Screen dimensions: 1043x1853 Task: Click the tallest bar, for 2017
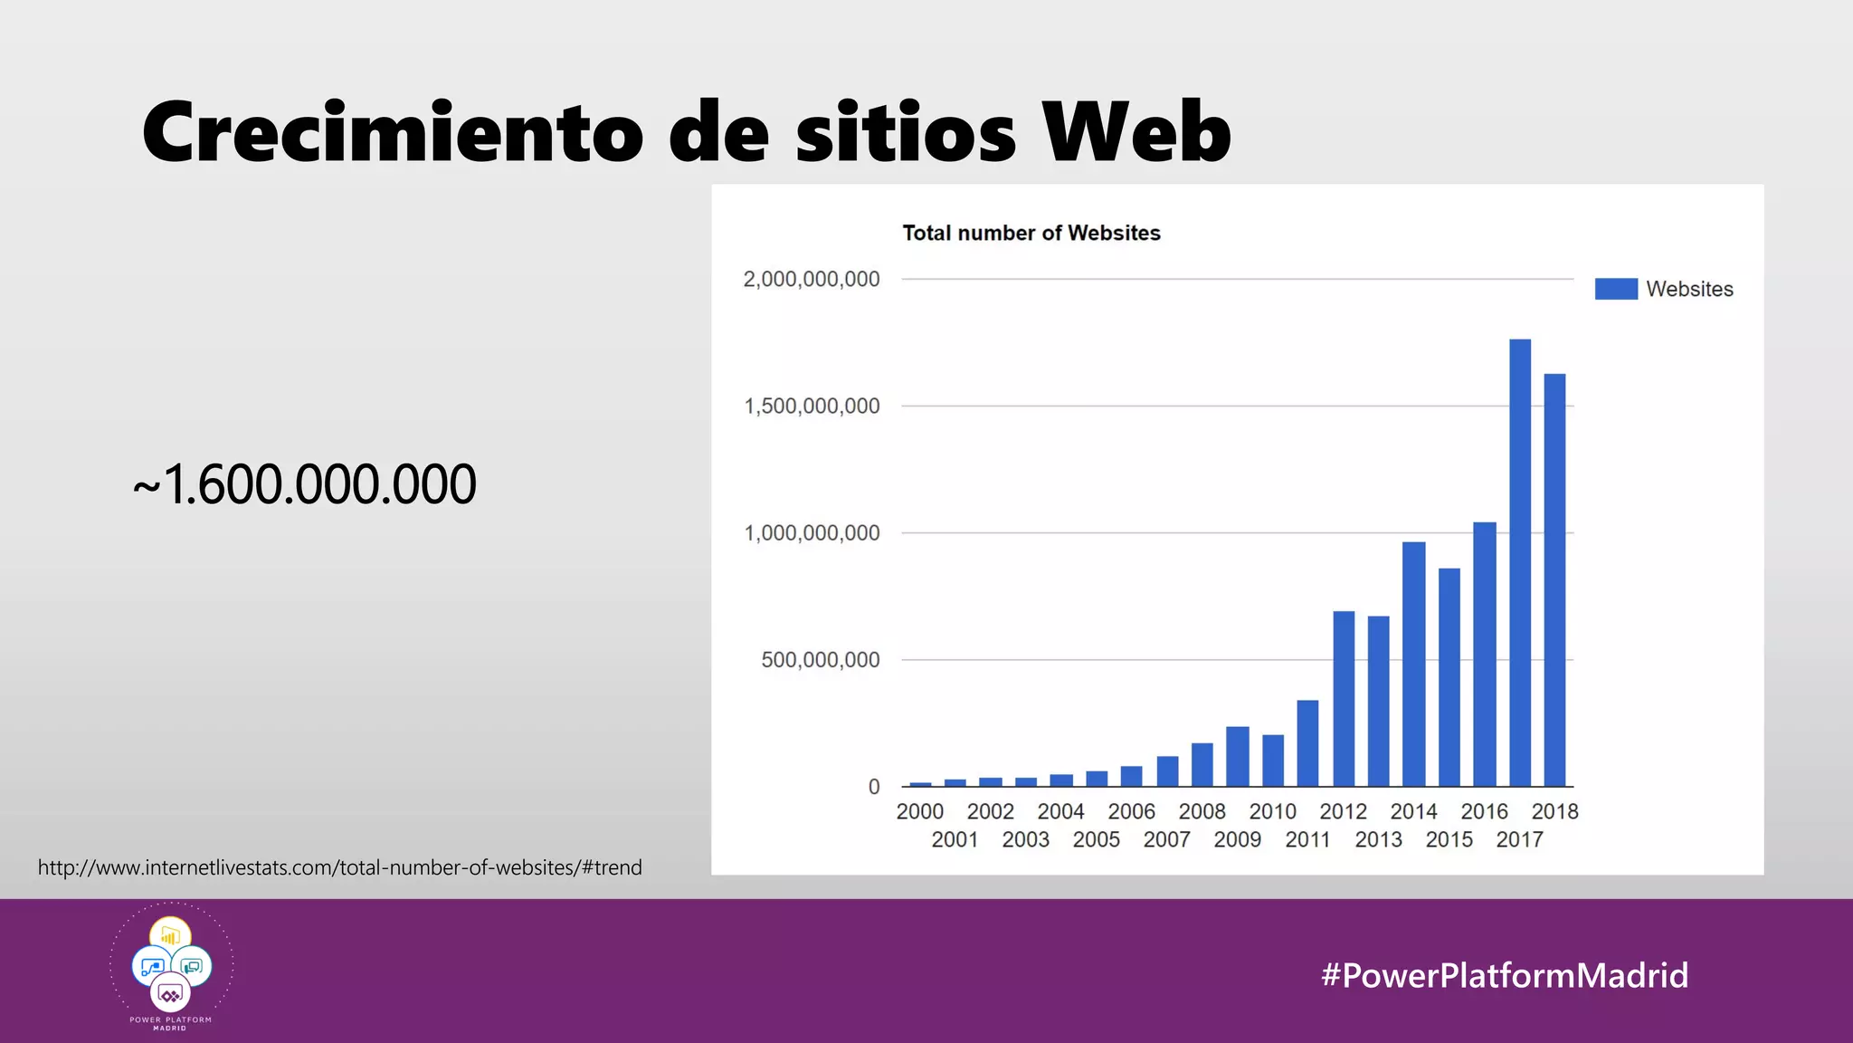(1520, 562)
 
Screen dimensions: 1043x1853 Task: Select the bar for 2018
(1554, 579)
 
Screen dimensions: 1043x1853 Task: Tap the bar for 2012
(1344, 698)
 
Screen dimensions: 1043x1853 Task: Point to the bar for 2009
(1237, 756)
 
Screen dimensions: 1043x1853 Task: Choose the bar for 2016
(1484, 654)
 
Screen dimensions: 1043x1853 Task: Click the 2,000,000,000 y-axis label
(812, 279)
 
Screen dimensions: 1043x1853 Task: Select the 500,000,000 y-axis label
(820, 660)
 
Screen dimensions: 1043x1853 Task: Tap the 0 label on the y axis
(874, 787)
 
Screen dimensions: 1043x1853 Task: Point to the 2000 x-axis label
(919, 811)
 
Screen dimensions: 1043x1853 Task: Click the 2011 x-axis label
(1307, 839)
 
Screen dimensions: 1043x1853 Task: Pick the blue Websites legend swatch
(1616, 289)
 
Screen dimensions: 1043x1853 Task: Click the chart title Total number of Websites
(1031, 233)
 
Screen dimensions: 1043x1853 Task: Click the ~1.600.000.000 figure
(305, 483)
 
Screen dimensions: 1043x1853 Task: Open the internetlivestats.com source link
(340, 867)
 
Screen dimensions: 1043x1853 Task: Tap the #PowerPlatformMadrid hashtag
(1504, 975)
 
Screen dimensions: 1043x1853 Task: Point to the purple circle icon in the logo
(170, 994)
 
